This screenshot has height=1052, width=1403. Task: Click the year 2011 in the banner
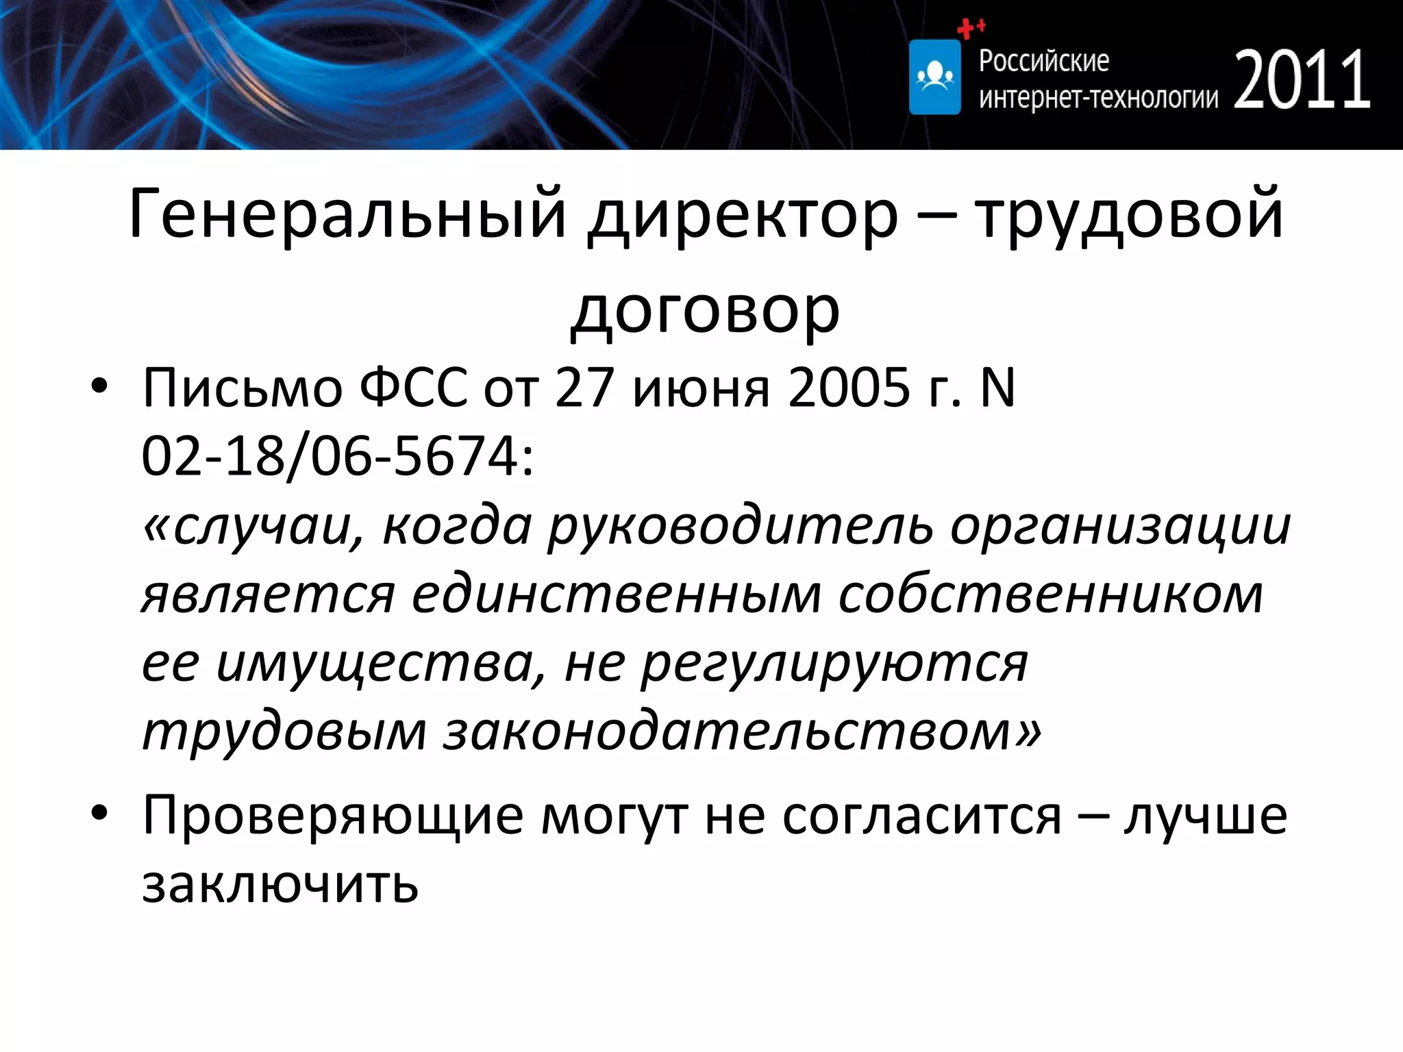point(1302,80)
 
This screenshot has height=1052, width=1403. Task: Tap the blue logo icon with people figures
point(934,77)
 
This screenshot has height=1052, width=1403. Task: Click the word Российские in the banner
point(1043,61)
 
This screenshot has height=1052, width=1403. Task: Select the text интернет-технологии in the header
point(1098,99)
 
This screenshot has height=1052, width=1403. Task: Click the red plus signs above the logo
point(971,28)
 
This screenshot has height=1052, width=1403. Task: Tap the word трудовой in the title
point(1128,214)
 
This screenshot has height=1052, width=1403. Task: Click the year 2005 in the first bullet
point(849,388)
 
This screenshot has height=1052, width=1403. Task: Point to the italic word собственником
point(1051,594)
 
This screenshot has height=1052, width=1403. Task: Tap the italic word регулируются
point(834,663)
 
